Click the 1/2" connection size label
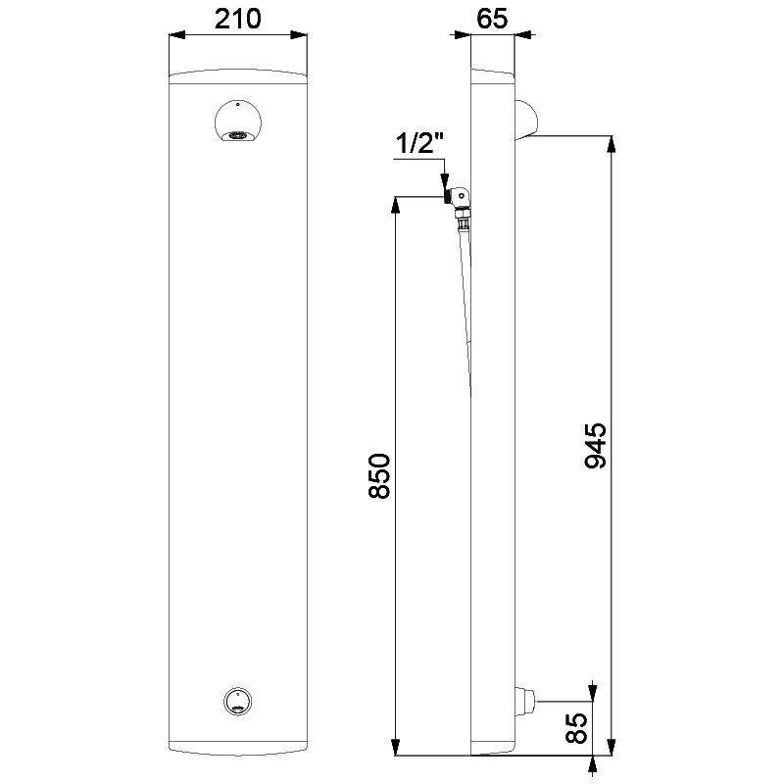click(x=420, y=143)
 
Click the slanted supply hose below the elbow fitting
click(x=466, y=294)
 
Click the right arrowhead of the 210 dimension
click(x=305, y=37)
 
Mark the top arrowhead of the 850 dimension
click(x=396, y=205)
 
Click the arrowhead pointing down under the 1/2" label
click(x=445, y=180)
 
